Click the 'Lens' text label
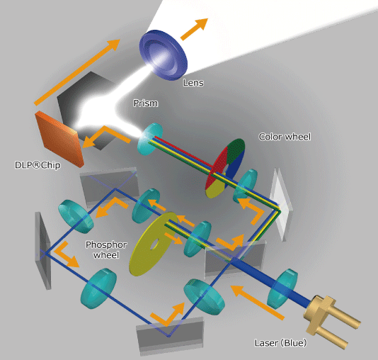click(x=193, y=83)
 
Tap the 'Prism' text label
click(x=146, y=103)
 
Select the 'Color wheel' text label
click(x=285, y=137)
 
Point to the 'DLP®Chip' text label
click(x=38, y=165)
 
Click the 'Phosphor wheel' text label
click(x=106, y=249)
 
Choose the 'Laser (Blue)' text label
click(x=280, y=343)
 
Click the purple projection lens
click(x=164, y=55)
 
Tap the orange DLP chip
click(x=59, y=139)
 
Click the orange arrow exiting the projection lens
click(x=194, y=29)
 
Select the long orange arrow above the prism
click(x=77, y=72)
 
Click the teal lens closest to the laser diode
click(x=282, y=289)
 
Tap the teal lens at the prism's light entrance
click(x=150, y=139)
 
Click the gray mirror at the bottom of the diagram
click(x=170, y=335)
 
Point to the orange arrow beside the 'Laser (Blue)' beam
click(x=258, y=303)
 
